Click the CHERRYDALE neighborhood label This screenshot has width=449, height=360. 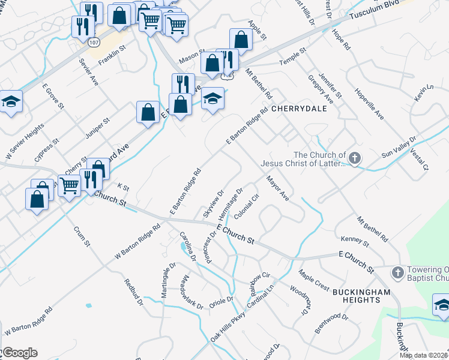pyautogui.click(x=298, y=109)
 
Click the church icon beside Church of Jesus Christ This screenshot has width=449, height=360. pyautogui.click(x=355, y=158)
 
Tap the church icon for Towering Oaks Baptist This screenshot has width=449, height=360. pyautogui.click(x=397, y=273)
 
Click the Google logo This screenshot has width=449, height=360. pyautogui.click(x=19, y=353)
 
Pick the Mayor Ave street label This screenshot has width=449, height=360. pyautogui.click(x=278, y=188)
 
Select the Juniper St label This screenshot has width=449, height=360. pyautogui.click(x=97, y=128)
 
